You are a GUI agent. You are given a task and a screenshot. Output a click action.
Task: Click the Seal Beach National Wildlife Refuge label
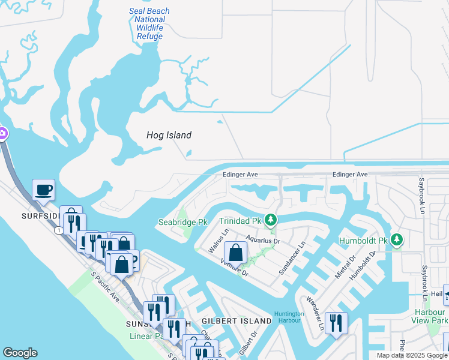tap(149, 24)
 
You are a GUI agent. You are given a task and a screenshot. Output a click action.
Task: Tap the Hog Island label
tap(169, 135)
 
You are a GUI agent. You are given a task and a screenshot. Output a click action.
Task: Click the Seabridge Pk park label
tap(182, 222)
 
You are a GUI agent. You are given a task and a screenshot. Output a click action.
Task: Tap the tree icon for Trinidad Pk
tap(271, 220)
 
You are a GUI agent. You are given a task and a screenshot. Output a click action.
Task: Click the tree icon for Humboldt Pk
tap(396, 240)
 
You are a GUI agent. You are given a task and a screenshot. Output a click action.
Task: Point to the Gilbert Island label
tap(237, 322)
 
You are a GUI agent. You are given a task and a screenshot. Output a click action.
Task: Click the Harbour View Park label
tap(430, 316)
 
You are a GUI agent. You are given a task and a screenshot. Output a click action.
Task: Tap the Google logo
tap(20, 353)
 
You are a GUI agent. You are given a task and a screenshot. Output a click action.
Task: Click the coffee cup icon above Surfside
tap(43, 191)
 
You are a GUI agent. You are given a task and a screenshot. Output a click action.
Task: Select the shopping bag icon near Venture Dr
tap(236, 252)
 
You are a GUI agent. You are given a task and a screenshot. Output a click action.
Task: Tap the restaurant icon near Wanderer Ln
tap(336, 323)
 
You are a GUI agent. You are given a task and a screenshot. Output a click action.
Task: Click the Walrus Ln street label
tap(218, 240)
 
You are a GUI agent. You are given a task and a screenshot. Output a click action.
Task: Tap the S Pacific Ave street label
tap(105, 287)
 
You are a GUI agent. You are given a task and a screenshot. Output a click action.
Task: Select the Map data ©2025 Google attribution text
tap(412, 355)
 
